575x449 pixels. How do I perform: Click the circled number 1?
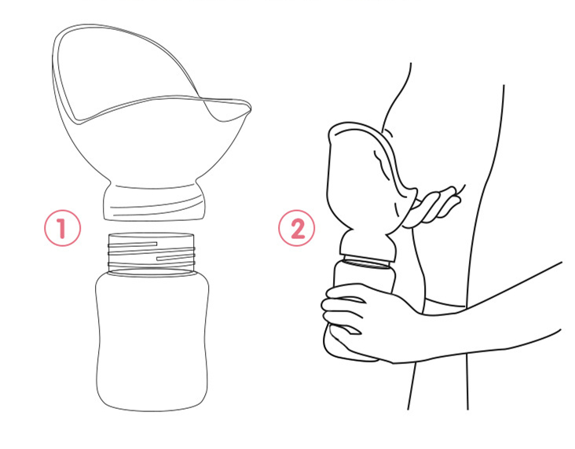tap(62, 227)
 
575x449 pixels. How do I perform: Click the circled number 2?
tap(296, 227)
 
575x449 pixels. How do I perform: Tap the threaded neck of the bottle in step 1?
tap(151, 252)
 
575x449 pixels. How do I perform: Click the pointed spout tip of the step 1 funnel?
tap(250, 106)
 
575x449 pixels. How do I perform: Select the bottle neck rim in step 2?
tap(367, 263)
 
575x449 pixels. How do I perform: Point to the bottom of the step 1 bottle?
tap(152, 408)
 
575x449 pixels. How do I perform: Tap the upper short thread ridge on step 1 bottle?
tap(133, 244)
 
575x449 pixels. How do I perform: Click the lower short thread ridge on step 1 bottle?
tap(175, 258)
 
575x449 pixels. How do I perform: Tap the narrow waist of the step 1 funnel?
tap(154, 183)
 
